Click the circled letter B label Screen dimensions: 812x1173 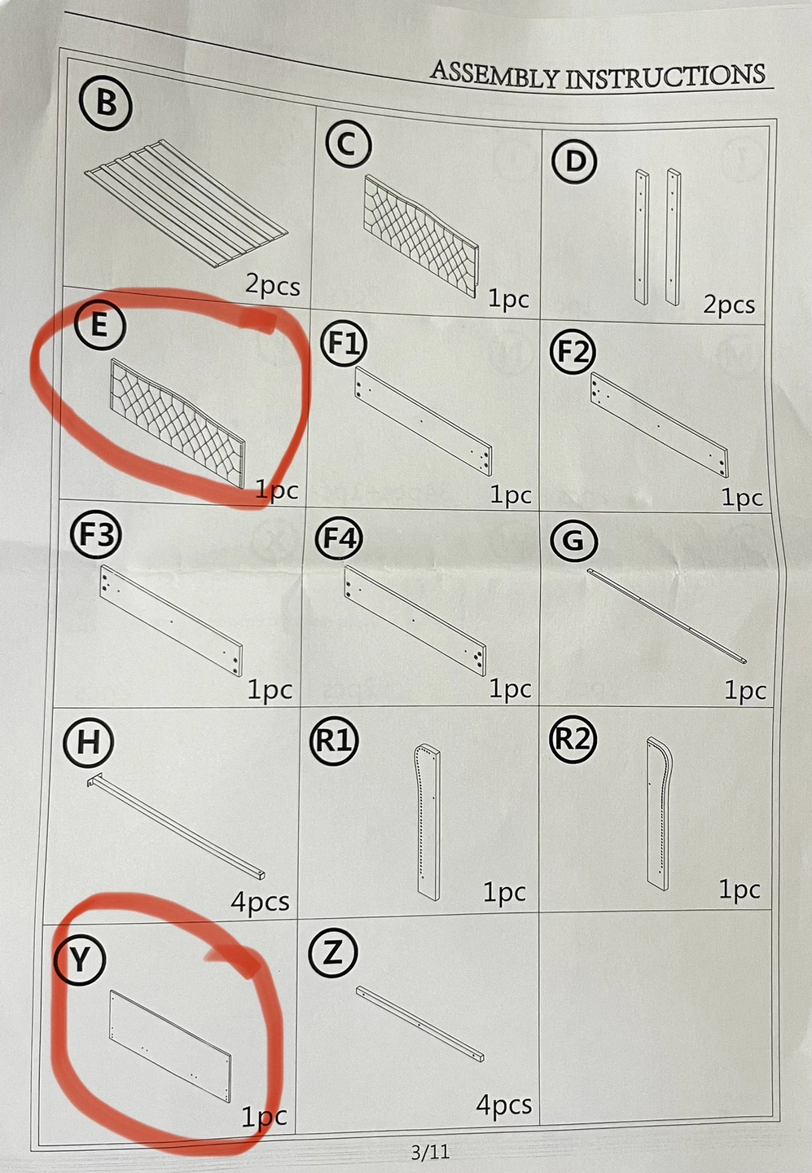point(105,103)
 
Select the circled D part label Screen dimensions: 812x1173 point(575,161)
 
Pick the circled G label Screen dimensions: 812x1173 point(574,539)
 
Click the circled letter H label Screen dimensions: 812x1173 point(89,743)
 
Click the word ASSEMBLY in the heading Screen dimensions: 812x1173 point(494,76)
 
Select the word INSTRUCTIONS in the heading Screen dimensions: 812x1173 point(665,77)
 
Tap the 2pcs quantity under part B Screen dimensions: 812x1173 point(273,286)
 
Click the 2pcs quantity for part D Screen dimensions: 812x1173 point(729,305)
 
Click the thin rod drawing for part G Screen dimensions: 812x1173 point(667,615)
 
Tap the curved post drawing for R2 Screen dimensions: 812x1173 point(660,813)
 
